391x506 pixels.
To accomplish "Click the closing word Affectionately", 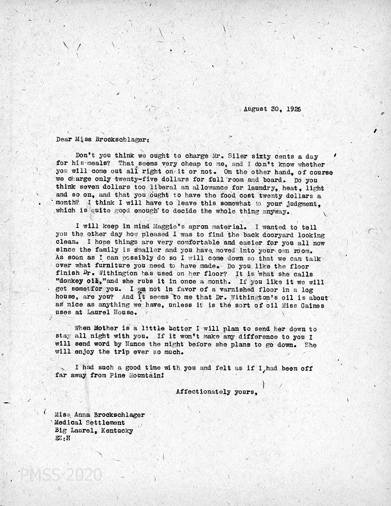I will (205, 392).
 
